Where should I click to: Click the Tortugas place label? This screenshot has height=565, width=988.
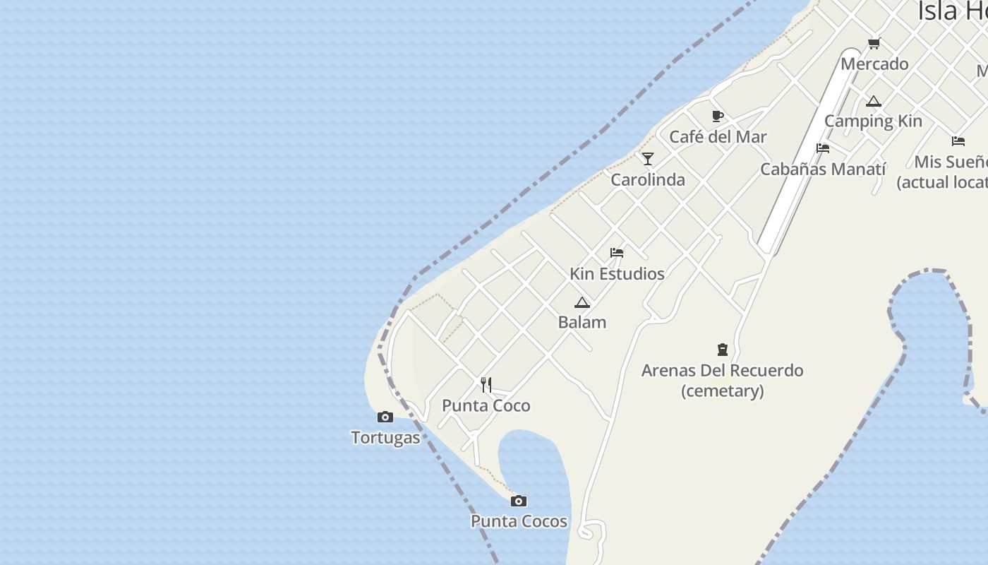(x=385, y=438)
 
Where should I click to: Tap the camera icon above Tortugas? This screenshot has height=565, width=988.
(x=385, y=417)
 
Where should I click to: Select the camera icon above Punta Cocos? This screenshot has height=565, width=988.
(x=519, y=501)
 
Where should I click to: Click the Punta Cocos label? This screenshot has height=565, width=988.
(x=519, y=521)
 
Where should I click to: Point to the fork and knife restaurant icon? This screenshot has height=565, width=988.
(x=486, y=385)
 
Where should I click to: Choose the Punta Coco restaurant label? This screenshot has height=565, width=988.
(x=486, y=405)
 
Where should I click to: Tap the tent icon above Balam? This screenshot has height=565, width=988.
(x=582, y=302)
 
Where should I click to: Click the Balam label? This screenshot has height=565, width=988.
(x=582, y=322)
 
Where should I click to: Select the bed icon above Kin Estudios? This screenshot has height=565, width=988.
(x=617, y=252)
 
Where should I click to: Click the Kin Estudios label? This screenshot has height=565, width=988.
(x=617, y=273)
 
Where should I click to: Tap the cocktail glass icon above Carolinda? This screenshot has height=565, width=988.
(x=648, y=158)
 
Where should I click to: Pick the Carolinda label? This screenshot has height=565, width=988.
(x=648, y=179)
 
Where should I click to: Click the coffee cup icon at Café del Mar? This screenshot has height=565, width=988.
(x=718, y=116)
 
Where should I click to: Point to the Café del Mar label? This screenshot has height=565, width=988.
(x=718, y=136)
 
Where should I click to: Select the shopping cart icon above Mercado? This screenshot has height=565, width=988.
(x=874, y=44)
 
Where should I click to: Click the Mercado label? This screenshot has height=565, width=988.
(x=874, y=64)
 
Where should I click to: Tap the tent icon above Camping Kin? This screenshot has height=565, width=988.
(x=874, y=101)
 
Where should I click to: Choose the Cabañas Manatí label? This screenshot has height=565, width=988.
(x=823, y=169)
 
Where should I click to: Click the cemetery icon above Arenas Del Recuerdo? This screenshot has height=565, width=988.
(x=723, y=349)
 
